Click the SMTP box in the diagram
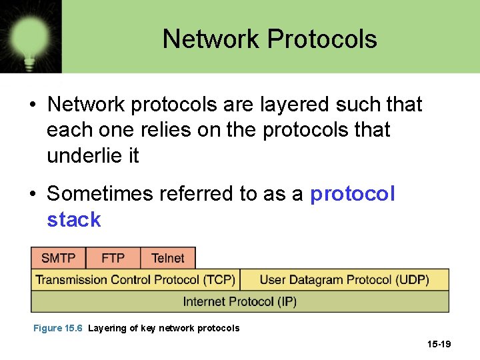pyautogui.click(x=59, y=258)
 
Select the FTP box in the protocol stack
pyautogui.click(x=114, y=258)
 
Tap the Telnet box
pyautogui.click(x=168, y=258)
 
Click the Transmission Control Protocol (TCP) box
pyautogui.click(x=135, y=279)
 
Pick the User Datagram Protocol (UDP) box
pyautogui.click(x=344, y=279)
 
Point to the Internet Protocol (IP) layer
pyautogui.click(x=240, y=302)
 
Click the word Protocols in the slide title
pyautogui.click(x=322, y=39)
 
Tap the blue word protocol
pyautogui.click(x=353, y=193)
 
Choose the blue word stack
pyautogui.click(x=73, y=219)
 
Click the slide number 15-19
pyautogui.click(x=439, y=344)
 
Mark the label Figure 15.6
pyautogui.click(x=57, y=328)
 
